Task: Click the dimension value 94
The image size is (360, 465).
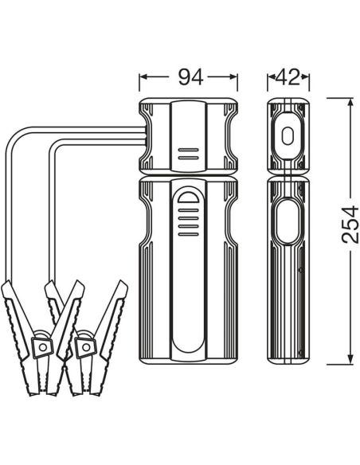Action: (x=190, y=77)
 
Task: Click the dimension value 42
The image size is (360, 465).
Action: (x=288, y=77)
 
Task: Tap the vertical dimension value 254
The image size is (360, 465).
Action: (x=350, y=225)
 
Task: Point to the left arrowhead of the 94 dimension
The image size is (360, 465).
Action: (x=143, y=77)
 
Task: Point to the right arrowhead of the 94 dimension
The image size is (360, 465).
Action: (x=233, y=77)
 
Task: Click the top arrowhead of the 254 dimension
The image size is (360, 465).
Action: (x=350, y=102)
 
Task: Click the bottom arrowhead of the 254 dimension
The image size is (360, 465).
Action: (x=350, y=359)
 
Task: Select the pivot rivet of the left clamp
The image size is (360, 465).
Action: (x=43, y=347)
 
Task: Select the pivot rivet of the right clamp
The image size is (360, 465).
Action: (x=86, y=347)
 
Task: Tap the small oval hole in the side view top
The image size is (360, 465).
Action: (x=287, y=136)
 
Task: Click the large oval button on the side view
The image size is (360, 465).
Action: (x=287, y=221)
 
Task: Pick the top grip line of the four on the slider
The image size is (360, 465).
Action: (x=188, y=210)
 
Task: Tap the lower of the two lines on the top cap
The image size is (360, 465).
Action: (x=188, y=158)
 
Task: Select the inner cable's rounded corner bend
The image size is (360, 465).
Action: (x=56, y=146)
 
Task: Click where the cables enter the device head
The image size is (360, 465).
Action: (x=145, y=135)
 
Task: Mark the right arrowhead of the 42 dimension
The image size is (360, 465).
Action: (x=305, y=77)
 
